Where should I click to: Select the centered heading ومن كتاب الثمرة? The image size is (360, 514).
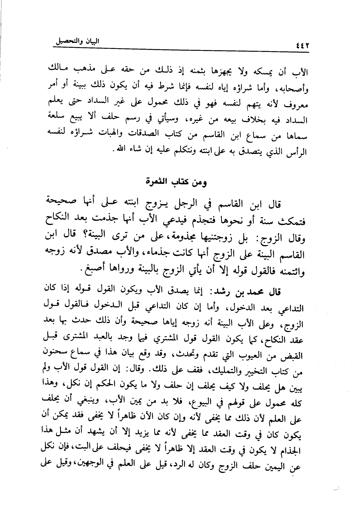click(x=177, y=183)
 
